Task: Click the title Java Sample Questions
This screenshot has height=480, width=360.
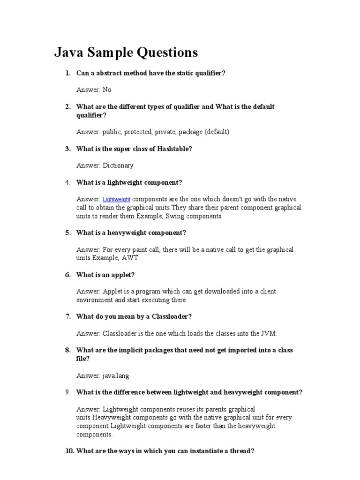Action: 126,52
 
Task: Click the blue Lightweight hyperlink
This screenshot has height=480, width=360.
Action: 116,200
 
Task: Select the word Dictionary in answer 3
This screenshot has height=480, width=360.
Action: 118,165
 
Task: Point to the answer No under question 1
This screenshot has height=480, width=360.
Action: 107,90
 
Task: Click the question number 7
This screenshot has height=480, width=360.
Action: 67,316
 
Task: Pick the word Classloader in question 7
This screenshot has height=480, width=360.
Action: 169,316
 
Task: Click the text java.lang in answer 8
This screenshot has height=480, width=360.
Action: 116,375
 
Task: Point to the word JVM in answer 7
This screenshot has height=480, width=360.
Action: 269,334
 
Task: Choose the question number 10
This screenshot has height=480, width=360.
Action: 68,451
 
